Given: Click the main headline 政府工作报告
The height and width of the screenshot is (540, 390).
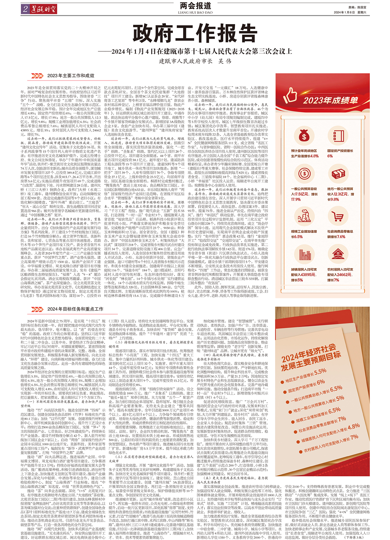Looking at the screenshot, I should tap(195, 34).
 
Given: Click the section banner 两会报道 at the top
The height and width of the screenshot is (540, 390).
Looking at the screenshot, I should tap(195, 6).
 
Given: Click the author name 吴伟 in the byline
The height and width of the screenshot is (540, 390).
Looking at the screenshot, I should tap(225, 61).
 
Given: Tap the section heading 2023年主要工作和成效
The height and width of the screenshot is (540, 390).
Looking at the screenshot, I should tap(71, 76).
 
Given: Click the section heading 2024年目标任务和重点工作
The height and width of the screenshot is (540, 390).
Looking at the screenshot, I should tap(75, 309).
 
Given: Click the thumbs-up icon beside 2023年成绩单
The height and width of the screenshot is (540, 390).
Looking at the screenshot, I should tap(291, 95).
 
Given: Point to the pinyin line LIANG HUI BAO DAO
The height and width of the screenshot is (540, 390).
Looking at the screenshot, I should tap(195, 12).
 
